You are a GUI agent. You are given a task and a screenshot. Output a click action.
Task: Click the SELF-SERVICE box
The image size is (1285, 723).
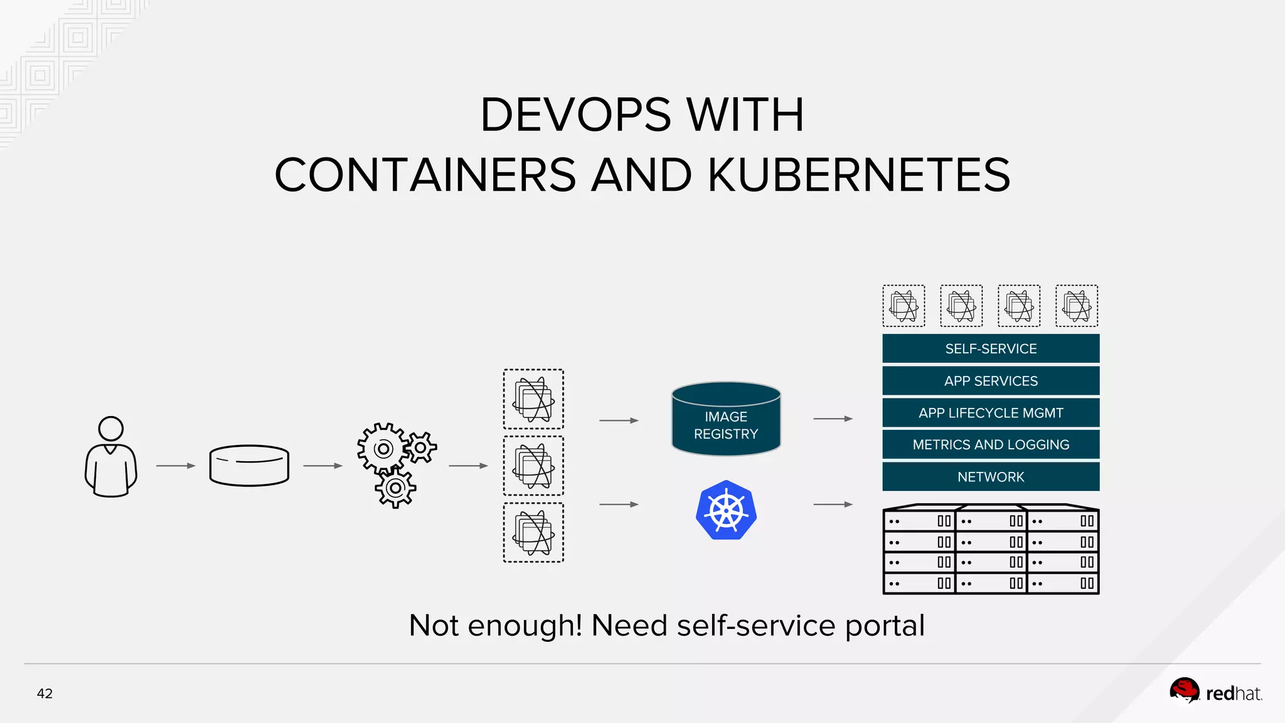[990, 348]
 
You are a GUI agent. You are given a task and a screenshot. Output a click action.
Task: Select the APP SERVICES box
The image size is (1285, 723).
[990, 381]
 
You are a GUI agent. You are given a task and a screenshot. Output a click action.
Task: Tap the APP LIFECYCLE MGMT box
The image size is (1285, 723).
[990, 413]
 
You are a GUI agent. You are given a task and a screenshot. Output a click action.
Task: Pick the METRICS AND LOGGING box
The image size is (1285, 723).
[990, 444]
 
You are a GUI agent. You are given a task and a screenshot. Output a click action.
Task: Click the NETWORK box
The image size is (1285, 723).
[990, 477]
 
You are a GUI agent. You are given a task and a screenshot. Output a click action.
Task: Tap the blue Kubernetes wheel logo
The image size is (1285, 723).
[726, 510]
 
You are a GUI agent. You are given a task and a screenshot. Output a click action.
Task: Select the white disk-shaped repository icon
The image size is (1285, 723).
[249, 466]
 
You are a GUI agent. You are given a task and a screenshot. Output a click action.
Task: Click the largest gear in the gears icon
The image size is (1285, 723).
[383, 449]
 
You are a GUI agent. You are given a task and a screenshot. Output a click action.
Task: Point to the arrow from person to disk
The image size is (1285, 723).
[176, 466]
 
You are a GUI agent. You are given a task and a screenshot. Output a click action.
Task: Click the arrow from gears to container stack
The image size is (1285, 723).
[468, 466]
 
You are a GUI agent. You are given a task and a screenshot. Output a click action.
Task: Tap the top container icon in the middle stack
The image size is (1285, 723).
[533, 399]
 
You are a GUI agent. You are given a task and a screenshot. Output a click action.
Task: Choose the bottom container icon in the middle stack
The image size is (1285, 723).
[533, 532]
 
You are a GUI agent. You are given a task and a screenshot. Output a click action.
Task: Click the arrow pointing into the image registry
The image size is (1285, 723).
[619, 420]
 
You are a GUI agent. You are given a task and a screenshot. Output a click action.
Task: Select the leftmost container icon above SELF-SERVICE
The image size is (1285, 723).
[904, 306]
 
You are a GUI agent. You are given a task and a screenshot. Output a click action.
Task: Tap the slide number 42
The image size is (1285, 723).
[45, 694]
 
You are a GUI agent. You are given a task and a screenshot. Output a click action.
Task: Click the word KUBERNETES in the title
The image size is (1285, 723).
[859, 175]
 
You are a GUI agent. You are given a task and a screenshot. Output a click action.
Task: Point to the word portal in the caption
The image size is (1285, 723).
[885, 626]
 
